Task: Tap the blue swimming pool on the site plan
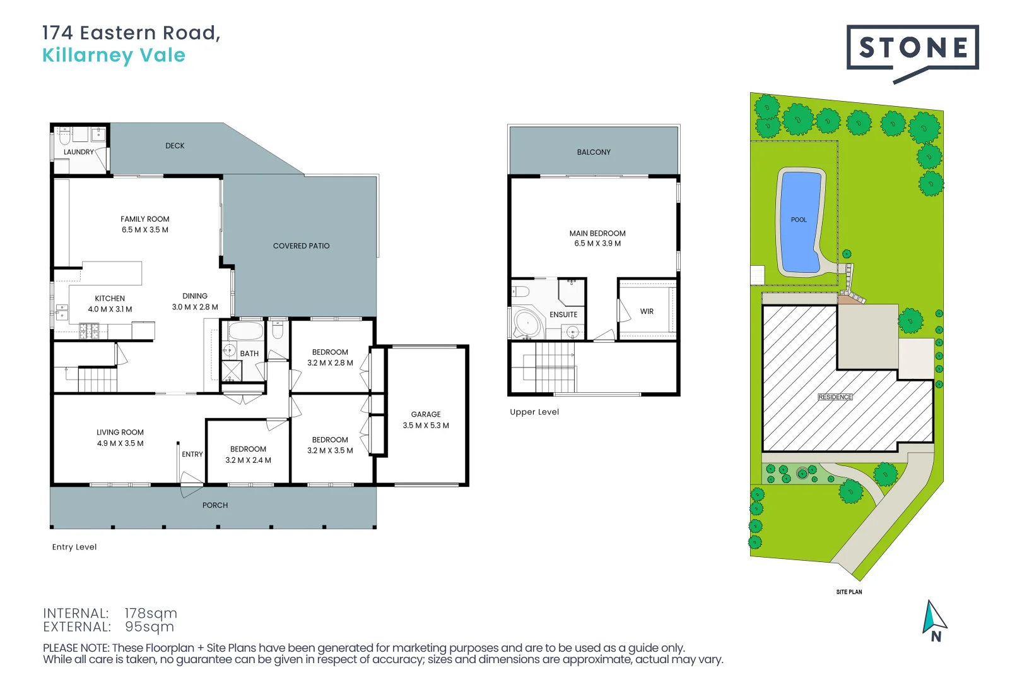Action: click(799, 221)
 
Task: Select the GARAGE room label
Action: click(426, 415)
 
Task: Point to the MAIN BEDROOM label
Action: click(597, 234)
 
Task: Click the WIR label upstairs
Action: click(647, 312)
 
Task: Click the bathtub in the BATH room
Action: click(245, 332)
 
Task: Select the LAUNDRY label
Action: click(79, 152)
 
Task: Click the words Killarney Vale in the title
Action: click(114, 56)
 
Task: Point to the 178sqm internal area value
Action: click(151, 613)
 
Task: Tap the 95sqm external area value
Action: click(150, 627)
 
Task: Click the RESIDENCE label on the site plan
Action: click(835, 397)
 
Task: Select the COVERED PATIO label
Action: click(301, 246)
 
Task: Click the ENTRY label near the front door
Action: click(192, 455)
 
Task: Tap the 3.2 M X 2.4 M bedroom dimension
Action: click(248, 460)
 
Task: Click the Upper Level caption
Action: click(534, 412)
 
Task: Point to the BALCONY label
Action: click(594, 152)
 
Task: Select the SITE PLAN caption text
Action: click(849, 592)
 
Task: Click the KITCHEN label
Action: click(110, 299)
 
